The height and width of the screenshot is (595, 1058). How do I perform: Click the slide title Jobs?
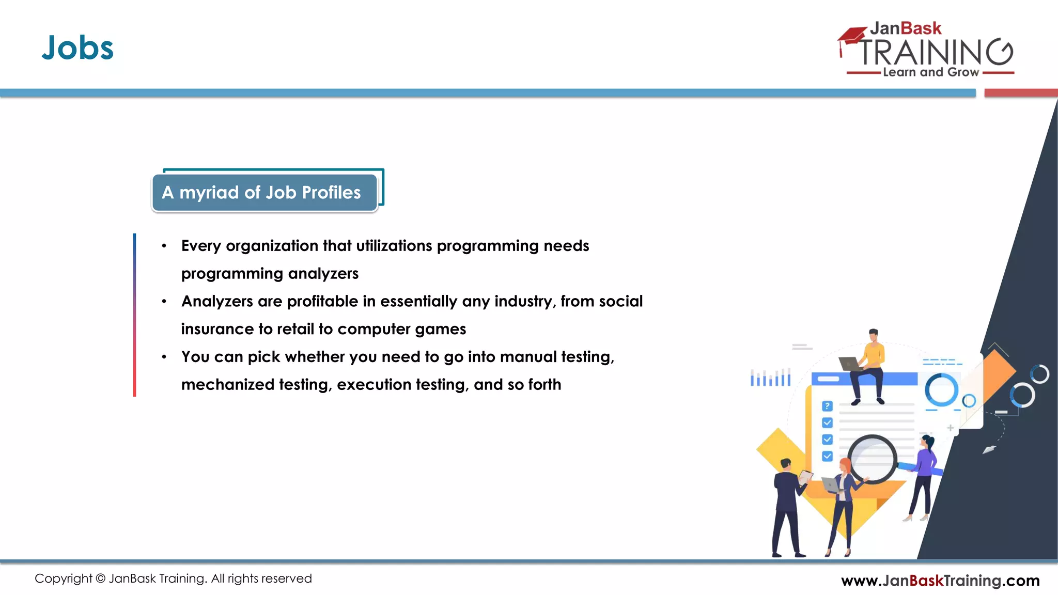pyautogui.click(x=77, y=48)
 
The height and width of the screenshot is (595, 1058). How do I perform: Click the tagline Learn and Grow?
pyautogui.click(x=930, y=72)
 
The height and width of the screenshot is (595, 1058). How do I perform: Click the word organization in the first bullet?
pyautogui.click(x=272, y=246)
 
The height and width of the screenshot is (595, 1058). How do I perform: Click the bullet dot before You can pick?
pyautogui.click(x=164, y=357)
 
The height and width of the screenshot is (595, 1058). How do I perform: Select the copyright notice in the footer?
pyautogui.click(x=173, y=578)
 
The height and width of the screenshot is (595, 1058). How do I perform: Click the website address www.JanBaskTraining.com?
pyautogui.click(x=940, y=581)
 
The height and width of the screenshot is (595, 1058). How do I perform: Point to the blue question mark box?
pyautogui.click(x=827, y=406)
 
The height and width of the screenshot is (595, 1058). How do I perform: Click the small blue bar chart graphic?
pyautogui.click(x=770, y=378)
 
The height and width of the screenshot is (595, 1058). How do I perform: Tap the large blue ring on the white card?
pyautogui.click(x=941, y=390)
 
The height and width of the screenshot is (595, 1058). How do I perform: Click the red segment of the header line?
pyautogui.click(x=1020, y=93)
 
